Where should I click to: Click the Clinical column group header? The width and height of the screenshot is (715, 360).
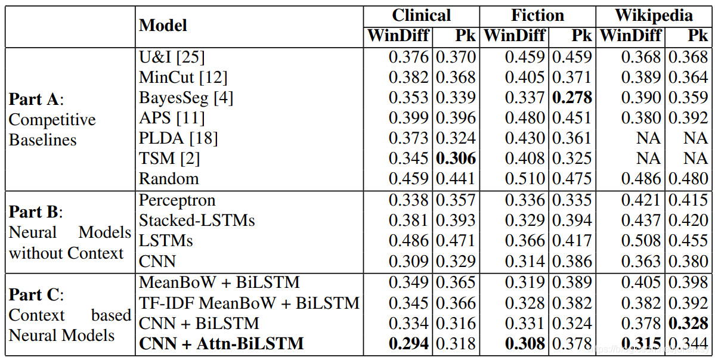click(421, 15)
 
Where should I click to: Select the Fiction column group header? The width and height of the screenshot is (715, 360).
click(538, 15)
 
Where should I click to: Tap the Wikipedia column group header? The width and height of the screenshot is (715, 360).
click(654, 15)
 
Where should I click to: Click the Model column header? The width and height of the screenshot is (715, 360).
click(163, 26)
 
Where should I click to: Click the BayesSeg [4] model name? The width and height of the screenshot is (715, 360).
click(187, 98)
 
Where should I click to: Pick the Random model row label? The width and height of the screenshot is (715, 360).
click(169, 179)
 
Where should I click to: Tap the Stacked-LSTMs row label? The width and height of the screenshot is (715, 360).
click(197, 221)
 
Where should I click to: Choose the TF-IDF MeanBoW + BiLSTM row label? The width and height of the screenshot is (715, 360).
click(249, 303)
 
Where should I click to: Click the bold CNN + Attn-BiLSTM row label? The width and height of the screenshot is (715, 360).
click(221, 344)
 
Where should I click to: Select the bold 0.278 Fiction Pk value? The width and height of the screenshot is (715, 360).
click(572, 98)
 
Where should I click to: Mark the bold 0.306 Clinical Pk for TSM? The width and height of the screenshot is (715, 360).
click(456, 159)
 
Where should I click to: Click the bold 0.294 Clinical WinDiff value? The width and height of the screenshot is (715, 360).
click(408, 344)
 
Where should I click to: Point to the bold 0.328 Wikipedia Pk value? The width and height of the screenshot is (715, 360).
click(688, 323)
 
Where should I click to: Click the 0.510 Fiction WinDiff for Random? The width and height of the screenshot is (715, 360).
click(525, 179)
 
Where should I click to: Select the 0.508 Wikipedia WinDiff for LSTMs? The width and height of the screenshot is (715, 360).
click(641, 241)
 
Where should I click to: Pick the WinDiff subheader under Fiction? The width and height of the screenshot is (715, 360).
click(514, 36)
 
